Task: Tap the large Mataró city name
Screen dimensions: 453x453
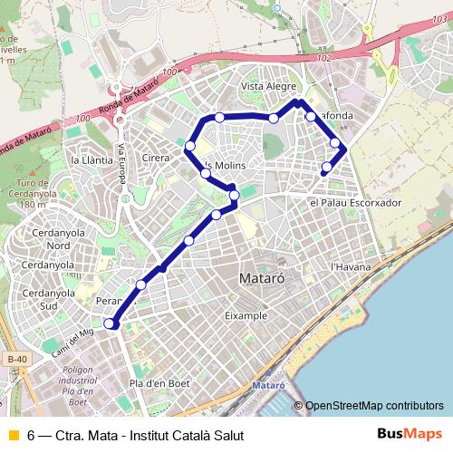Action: point(263,279)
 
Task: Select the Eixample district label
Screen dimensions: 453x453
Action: point(246,315)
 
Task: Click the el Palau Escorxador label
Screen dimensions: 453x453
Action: point(354,203)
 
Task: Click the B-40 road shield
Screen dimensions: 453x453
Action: point(14,360)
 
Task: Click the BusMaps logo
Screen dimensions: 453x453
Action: point(409,435)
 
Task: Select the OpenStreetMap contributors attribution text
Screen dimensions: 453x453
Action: point(375,405)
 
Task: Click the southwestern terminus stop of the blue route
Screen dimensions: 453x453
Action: point(110,323)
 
